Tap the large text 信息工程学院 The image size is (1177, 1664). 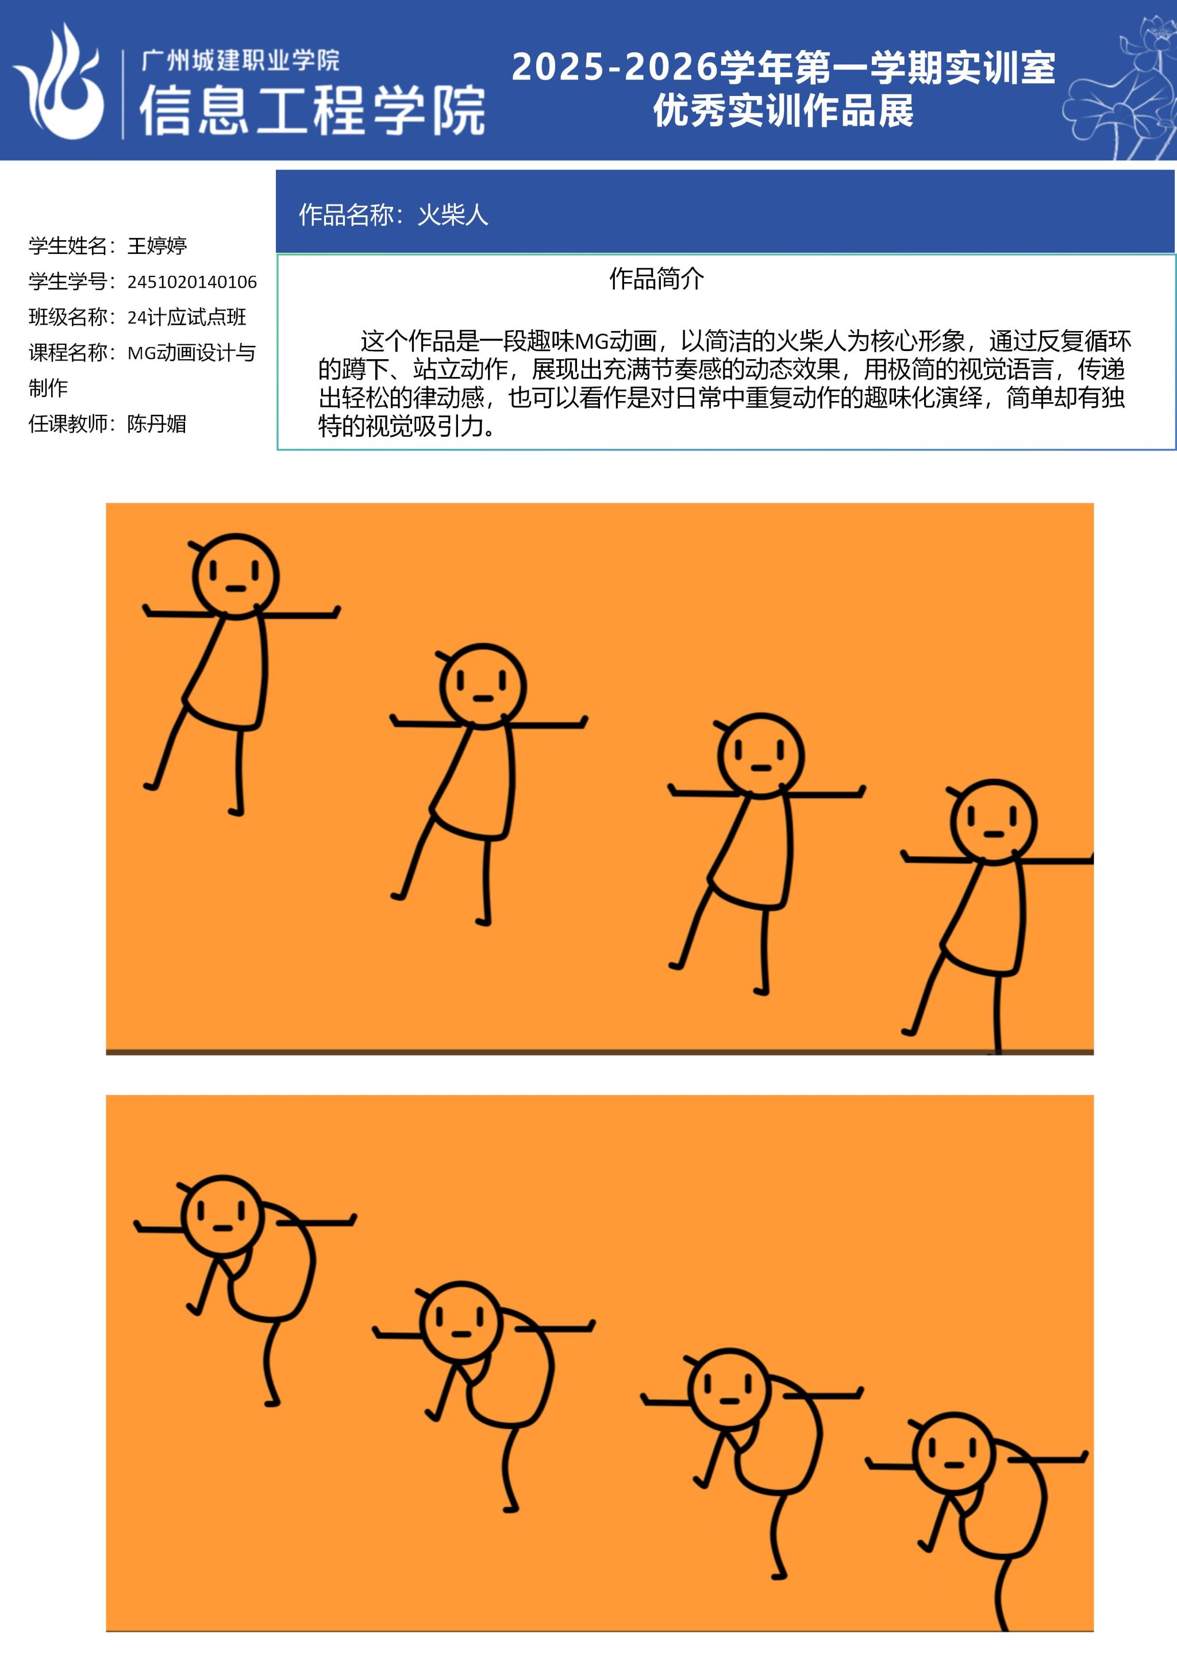pos(313,110)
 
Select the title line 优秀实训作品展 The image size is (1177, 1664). pos(783,111)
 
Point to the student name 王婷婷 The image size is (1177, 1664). pos(157,246)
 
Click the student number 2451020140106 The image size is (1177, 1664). pos(192,282)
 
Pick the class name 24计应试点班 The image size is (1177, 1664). pos(187,317)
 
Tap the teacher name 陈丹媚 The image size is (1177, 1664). pos(156,424)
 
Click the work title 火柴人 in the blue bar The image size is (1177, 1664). pos(453,214)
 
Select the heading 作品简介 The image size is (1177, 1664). pos(657,278)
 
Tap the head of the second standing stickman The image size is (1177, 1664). pos(483,685)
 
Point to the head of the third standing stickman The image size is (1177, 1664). pos(761,754)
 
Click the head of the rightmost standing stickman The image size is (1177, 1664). pos(994,822)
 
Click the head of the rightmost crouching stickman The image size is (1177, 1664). pos(955,1453)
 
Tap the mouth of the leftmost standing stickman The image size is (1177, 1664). pos(236,589)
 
